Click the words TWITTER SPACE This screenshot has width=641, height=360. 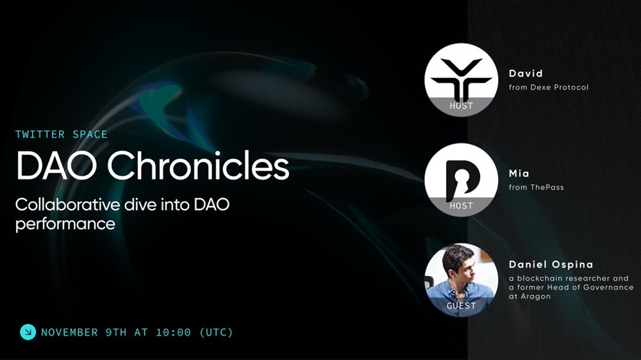(x=62, y=135)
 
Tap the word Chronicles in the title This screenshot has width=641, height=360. (x=198, y=166)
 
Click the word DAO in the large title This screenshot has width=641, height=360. (x=56, y=166)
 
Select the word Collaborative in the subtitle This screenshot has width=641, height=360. (x=68, y=204)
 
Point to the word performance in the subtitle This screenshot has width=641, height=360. (x=65, y=224)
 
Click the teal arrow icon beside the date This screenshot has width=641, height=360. (x=28, y=332)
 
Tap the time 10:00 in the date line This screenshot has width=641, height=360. (x=173, y=332)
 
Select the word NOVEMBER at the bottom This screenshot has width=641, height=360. (x=69, y=332)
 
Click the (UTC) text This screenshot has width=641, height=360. (x=216, y=332)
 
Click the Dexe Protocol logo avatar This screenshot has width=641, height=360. (x=461, y=79)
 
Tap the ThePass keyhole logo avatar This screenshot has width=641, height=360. (x=461, y=180)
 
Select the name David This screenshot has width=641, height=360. (x=526, y=74)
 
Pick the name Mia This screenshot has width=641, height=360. (x=519, y=174)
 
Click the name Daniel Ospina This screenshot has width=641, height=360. (x=551, y=265)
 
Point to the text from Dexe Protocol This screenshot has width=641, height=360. (x=549, y=87)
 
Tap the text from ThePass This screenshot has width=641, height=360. (x=537, y=187)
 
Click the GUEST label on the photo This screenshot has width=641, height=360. (x=461, y=306)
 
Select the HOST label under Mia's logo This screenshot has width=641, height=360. (x=461, y=206)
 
